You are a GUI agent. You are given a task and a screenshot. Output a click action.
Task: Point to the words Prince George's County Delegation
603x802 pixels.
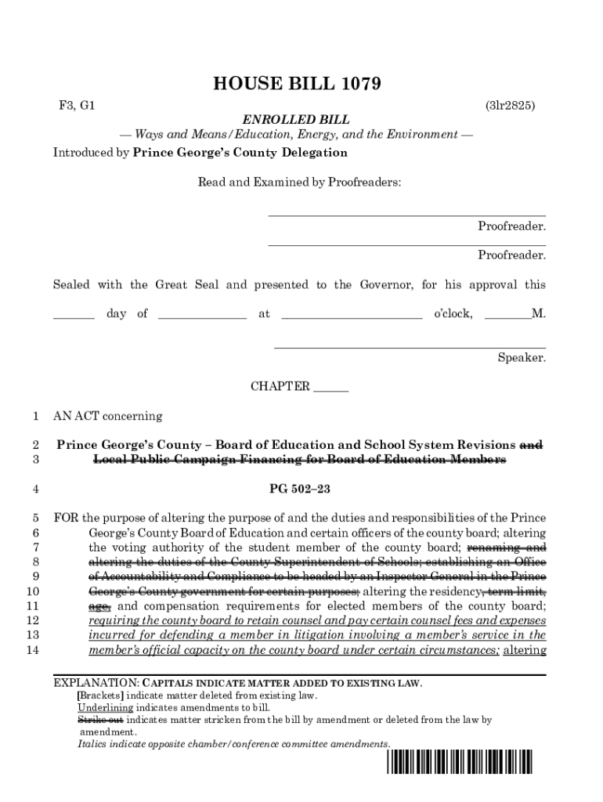coord(240,153)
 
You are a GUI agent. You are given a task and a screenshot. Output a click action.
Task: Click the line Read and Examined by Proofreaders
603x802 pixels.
coord(298,182)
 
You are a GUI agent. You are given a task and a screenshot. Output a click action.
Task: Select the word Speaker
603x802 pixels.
coord(522,358)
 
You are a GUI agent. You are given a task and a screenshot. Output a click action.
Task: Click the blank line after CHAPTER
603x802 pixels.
coord(330,387)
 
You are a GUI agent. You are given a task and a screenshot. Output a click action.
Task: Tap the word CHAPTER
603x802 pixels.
coord(280,387)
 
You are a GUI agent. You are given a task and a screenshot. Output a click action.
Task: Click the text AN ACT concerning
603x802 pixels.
coord(107,416)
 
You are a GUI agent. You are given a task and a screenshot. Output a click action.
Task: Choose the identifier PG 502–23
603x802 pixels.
coord(300,490)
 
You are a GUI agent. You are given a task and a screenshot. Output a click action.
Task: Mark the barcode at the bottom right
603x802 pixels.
coord(460,764)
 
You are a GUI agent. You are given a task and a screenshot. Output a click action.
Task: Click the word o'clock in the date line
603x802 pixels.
coord(453,314)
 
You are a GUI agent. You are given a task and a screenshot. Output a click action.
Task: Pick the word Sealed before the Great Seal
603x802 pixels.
coord(71,285)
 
